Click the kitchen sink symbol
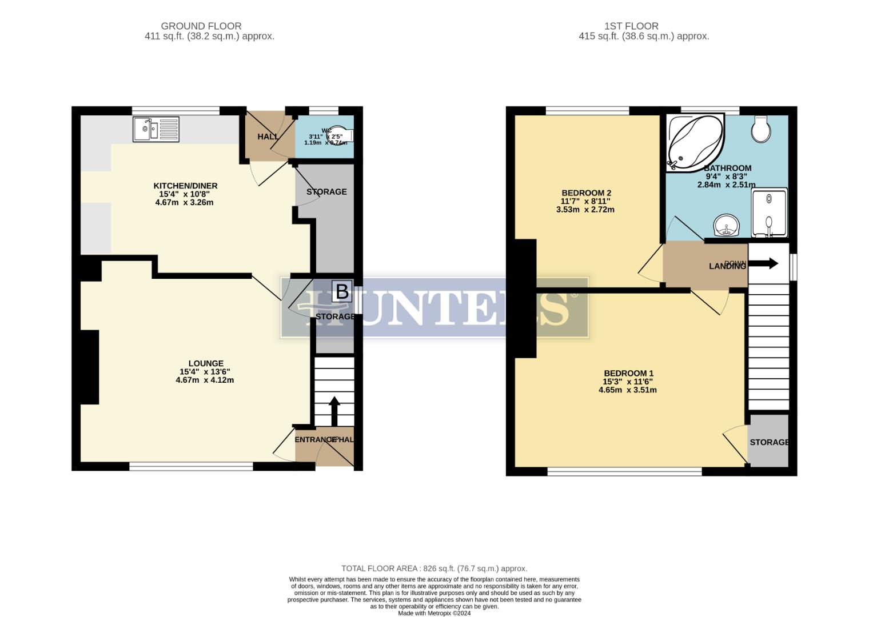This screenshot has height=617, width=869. (x=156, y=129)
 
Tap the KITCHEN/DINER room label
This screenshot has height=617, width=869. (x=185, y=186)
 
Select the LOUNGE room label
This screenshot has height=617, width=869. (x=206, y=363)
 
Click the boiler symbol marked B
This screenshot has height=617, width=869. (x=342, y=291)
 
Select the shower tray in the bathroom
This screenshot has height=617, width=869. (x=769, y=213)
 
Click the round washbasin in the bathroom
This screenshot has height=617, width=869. (x=727, y=225)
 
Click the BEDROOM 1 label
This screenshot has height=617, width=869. (x=628, y=374)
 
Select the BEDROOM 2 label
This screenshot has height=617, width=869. (x=586, y=193)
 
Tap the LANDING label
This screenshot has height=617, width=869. (x=727, y=266)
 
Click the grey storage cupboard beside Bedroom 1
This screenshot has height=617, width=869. (x=768, y=441)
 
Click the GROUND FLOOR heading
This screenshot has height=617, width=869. (x=201, y=26)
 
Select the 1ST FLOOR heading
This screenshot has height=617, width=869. (x=631, y=26)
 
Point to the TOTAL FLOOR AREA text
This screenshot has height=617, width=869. (x=434, y=568)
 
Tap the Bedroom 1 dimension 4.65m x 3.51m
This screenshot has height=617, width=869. (x=628, y=390)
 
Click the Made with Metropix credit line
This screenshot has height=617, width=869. (x=434, y=613)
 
